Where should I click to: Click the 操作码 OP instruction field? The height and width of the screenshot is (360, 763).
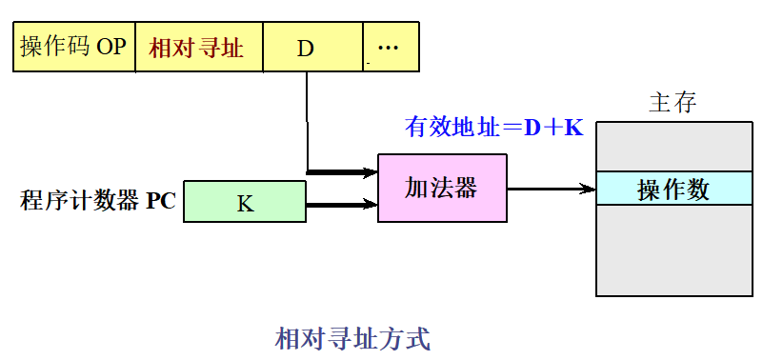(x=73, y=48)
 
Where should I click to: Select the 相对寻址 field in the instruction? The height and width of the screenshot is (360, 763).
(x=197, y=48)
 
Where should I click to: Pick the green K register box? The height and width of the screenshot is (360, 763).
(x=245, y=202)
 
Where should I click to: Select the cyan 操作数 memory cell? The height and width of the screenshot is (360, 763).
(x=673, y=189)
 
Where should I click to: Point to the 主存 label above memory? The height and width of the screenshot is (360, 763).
(x=673, y=104)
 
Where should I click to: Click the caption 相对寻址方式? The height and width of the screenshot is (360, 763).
(x=352, y=338)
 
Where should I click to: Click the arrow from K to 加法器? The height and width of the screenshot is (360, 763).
(x=341, y=203)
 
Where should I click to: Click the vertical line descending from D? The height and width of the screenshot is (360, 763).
(x=307, y=119)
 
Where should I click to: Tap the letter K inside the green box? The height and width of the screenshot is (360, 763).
(x=245, y=203)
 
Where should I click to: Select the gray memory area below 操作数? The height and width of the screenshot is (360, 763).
(x=673, y=250)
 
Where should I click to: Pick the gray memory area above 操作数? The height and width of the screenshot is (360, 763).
(x=673, y=147)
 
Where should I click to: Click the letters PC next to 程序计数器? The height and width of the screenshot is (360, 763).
(x=161, y=202)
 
